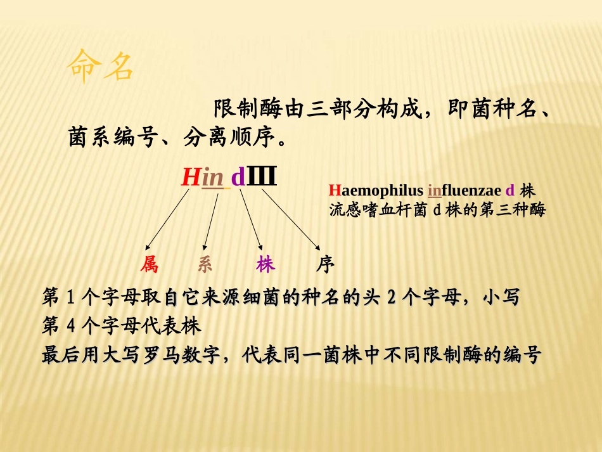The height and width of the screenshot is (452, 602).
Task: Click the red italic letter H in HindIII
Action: (190, 177)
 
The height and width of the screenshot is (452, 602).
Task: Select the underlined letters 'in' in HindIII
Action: (213, 178)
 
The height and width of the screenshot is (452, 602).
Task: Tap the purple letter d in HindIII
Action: (238, 178)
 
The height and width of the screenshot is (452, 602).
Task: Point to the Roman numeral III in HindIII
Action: (261, 176)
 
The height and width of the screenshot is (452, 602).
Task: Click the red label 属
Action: (150, 264)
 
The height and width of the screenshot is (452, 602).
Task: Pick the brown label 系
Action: (205, 264)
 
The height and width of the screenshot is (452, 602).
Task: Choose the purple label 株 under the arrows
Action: (266, 264)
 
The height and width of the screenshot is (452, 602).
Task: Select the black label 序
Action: (325, 264)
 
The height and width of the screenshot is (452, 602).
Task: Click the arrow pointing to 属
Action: (167, 219)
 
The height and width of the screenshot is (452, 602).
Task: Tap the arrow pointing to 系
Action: (211, 219)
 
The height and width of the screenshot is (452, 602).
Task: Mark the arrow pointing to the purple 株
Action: (251, 219)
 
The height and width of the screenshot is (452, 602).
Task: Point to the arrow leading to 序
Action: (290, 219)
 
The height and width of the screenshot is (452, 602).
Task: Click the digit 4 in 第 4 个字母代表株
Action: (70, 327)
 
